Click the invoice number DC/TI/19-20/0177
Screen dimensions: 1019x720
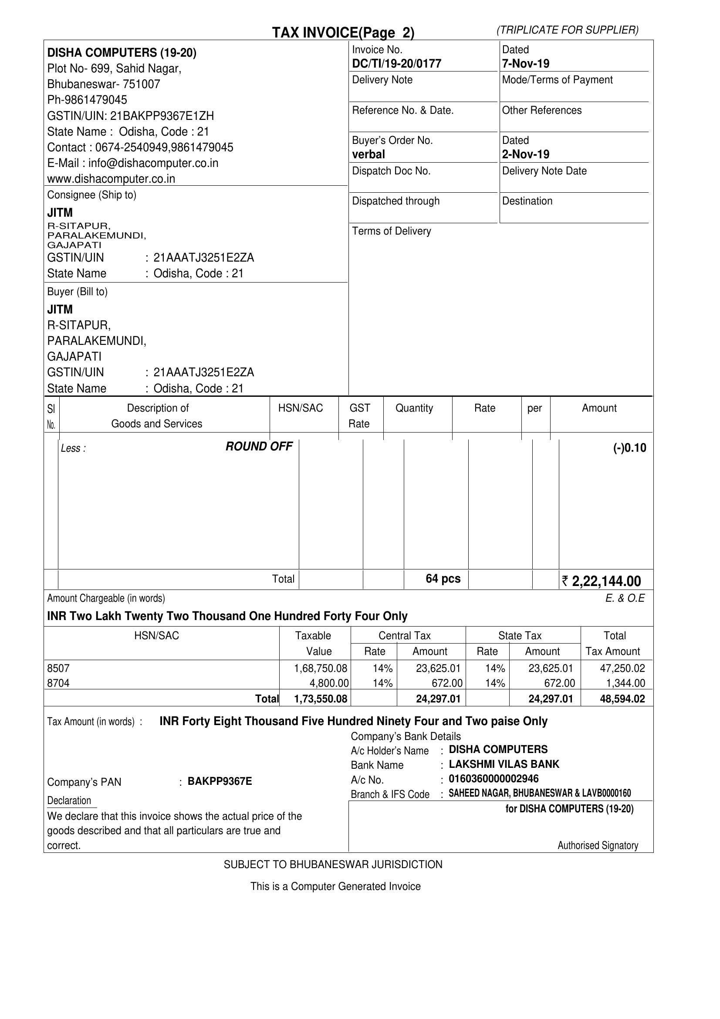(396, 64)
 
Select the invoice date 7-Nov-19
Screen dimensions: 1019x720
(525, 64)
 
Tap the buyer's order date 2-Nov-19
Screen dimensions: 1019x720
(525, 154)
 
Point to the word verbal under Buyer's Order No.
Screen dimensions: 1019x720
(368, 154)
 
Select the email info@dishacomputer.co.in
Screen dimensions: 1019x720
(153, 164)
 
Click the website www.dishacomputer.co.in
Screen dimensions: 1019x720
(111, 179)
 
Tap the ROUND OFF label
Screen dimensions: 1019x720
(259, 446)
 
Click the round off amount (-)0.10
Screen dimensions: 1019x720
(629, 448)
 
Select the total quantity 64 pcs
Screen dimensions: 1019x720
(443, 579)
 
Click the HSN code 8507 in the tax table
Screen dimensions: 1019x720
(58, 668)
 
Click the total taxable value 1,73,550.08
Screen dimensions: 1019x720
(321, 699)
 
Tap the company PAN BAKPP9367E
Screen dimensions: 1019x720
(220, 781)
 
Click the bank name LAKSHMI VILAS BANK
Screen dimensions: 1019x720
(504, 764)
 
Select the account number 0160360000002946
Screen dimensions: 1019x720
(494, 779)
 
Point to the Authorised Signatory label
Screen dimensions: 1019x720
(598, 845)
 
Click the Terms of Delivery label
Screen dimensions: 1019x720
(392, 231)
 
